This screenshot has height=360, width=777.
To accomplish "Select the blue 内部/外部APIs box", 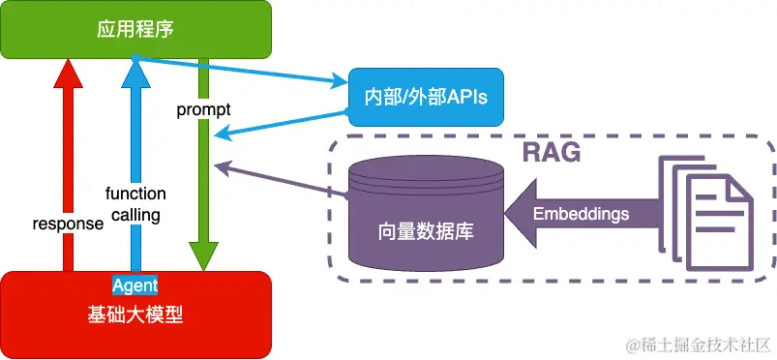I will click(427, 97).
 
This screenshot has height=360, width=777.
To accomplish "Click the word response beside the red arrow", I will click(68, 224).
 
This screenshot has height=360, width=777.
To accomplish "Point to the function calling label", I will click(135, 204).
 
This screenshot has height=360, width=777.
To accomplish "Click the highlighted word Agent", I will click(134, 285).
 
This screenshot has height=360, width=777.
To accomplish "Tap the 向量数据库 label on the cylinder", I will click(426, 233).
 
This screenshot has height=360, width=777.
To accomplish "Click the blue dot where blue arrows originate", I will click(135, 60).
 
